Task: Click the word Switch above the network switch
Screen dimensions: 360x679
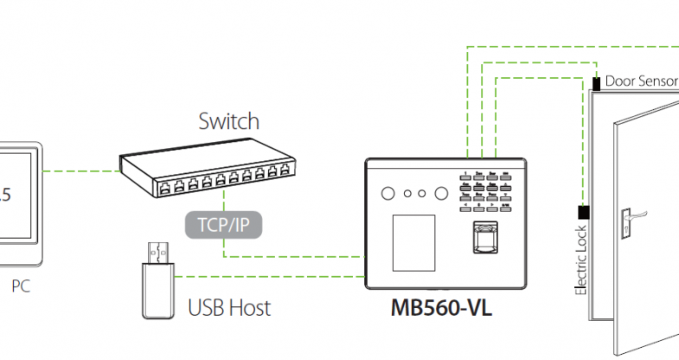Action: (x=228, y=120)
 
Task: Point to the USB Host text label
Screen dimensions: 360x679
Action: (x=229, y=307)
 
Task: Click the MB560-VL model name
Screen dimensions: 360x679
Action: (x=441, y=308)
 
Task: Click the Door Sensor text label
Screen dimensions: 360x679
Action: (x=641, y=81)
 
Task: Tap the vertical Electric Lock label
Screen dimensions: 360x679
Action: (x=581, y=259)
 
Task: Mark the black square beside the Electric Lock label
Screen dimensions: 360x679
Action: (x=583, y=212)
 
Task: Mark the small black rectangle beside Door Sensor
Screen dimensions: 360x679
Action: (x=598, y=83)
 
